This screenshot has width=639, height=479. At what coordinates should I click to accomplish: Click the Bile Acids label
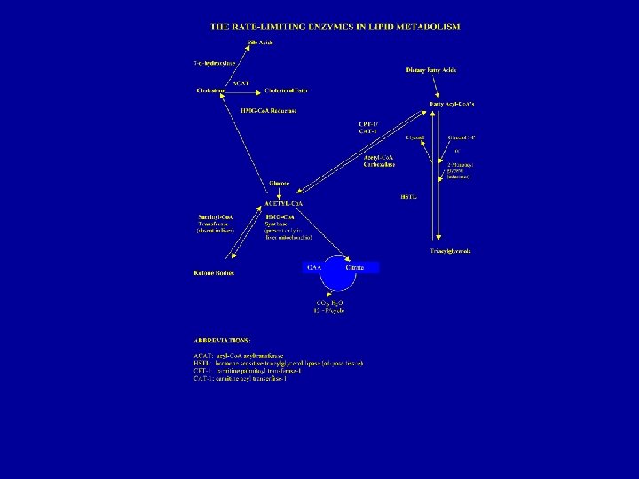(259, 43)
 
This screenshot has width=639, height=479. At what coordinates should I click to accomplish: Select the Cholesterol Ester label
(285, 90)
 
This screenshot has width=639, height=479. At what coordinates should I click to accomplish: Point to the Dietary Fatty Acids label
(430, 69)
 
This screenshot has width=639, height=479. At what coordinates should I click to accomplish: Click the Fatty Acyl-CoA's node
(452, 104)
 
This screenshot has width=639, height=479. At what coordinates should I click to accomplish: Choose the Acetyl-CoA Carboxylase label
(379, 161)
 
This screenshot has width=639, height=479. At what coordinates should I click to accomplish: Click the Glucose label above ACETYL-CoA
(280, 184)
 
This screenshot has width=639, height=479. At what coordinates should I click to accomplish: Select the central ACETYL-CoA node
(284, 203)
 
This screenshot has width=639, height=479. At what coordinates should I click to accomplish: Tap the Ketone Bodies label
(214, 272)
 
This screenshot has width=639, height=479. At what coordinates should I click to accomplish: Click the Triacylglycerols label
(451, 251)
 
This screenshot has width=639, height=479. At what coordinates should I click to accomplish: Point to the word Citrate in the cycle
(355, 267)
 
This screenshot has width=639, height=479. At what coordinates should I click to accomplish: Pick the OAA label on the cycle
(313, 267)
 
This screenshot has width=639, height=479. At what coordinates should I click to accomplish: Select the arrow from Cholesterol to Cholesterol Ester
(244, 90)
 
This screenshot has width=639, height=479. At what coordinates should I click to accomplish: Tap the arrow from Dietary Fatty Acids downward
(435, 85)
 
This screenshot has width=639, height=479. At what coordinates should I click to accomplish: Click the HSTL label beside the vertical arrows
(408, 196)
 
